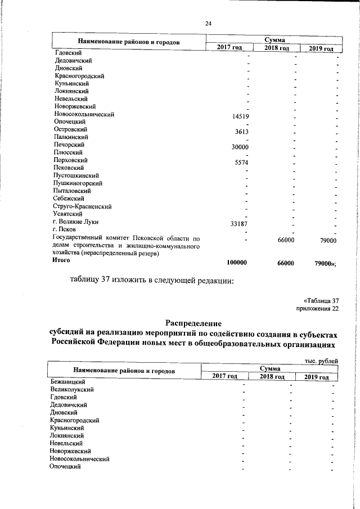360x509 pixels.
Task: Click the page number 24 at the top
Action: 208,23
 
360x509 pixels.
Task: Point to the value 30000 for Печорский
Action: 240,147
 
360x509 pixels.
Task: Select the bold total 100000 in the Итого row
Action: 237,263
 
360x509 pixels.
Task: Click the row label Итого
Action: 62,261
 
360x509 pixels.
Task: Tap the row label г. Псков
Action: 65,229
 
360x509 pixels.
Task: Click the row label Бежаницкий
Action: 67,382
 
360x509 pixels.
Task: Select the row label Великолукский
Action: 71,389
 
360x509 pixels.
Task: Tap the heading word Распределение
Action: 193,323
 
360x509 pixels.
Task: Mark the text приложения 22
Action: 318,308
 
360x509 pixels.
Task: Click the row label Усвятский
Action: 68,214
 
